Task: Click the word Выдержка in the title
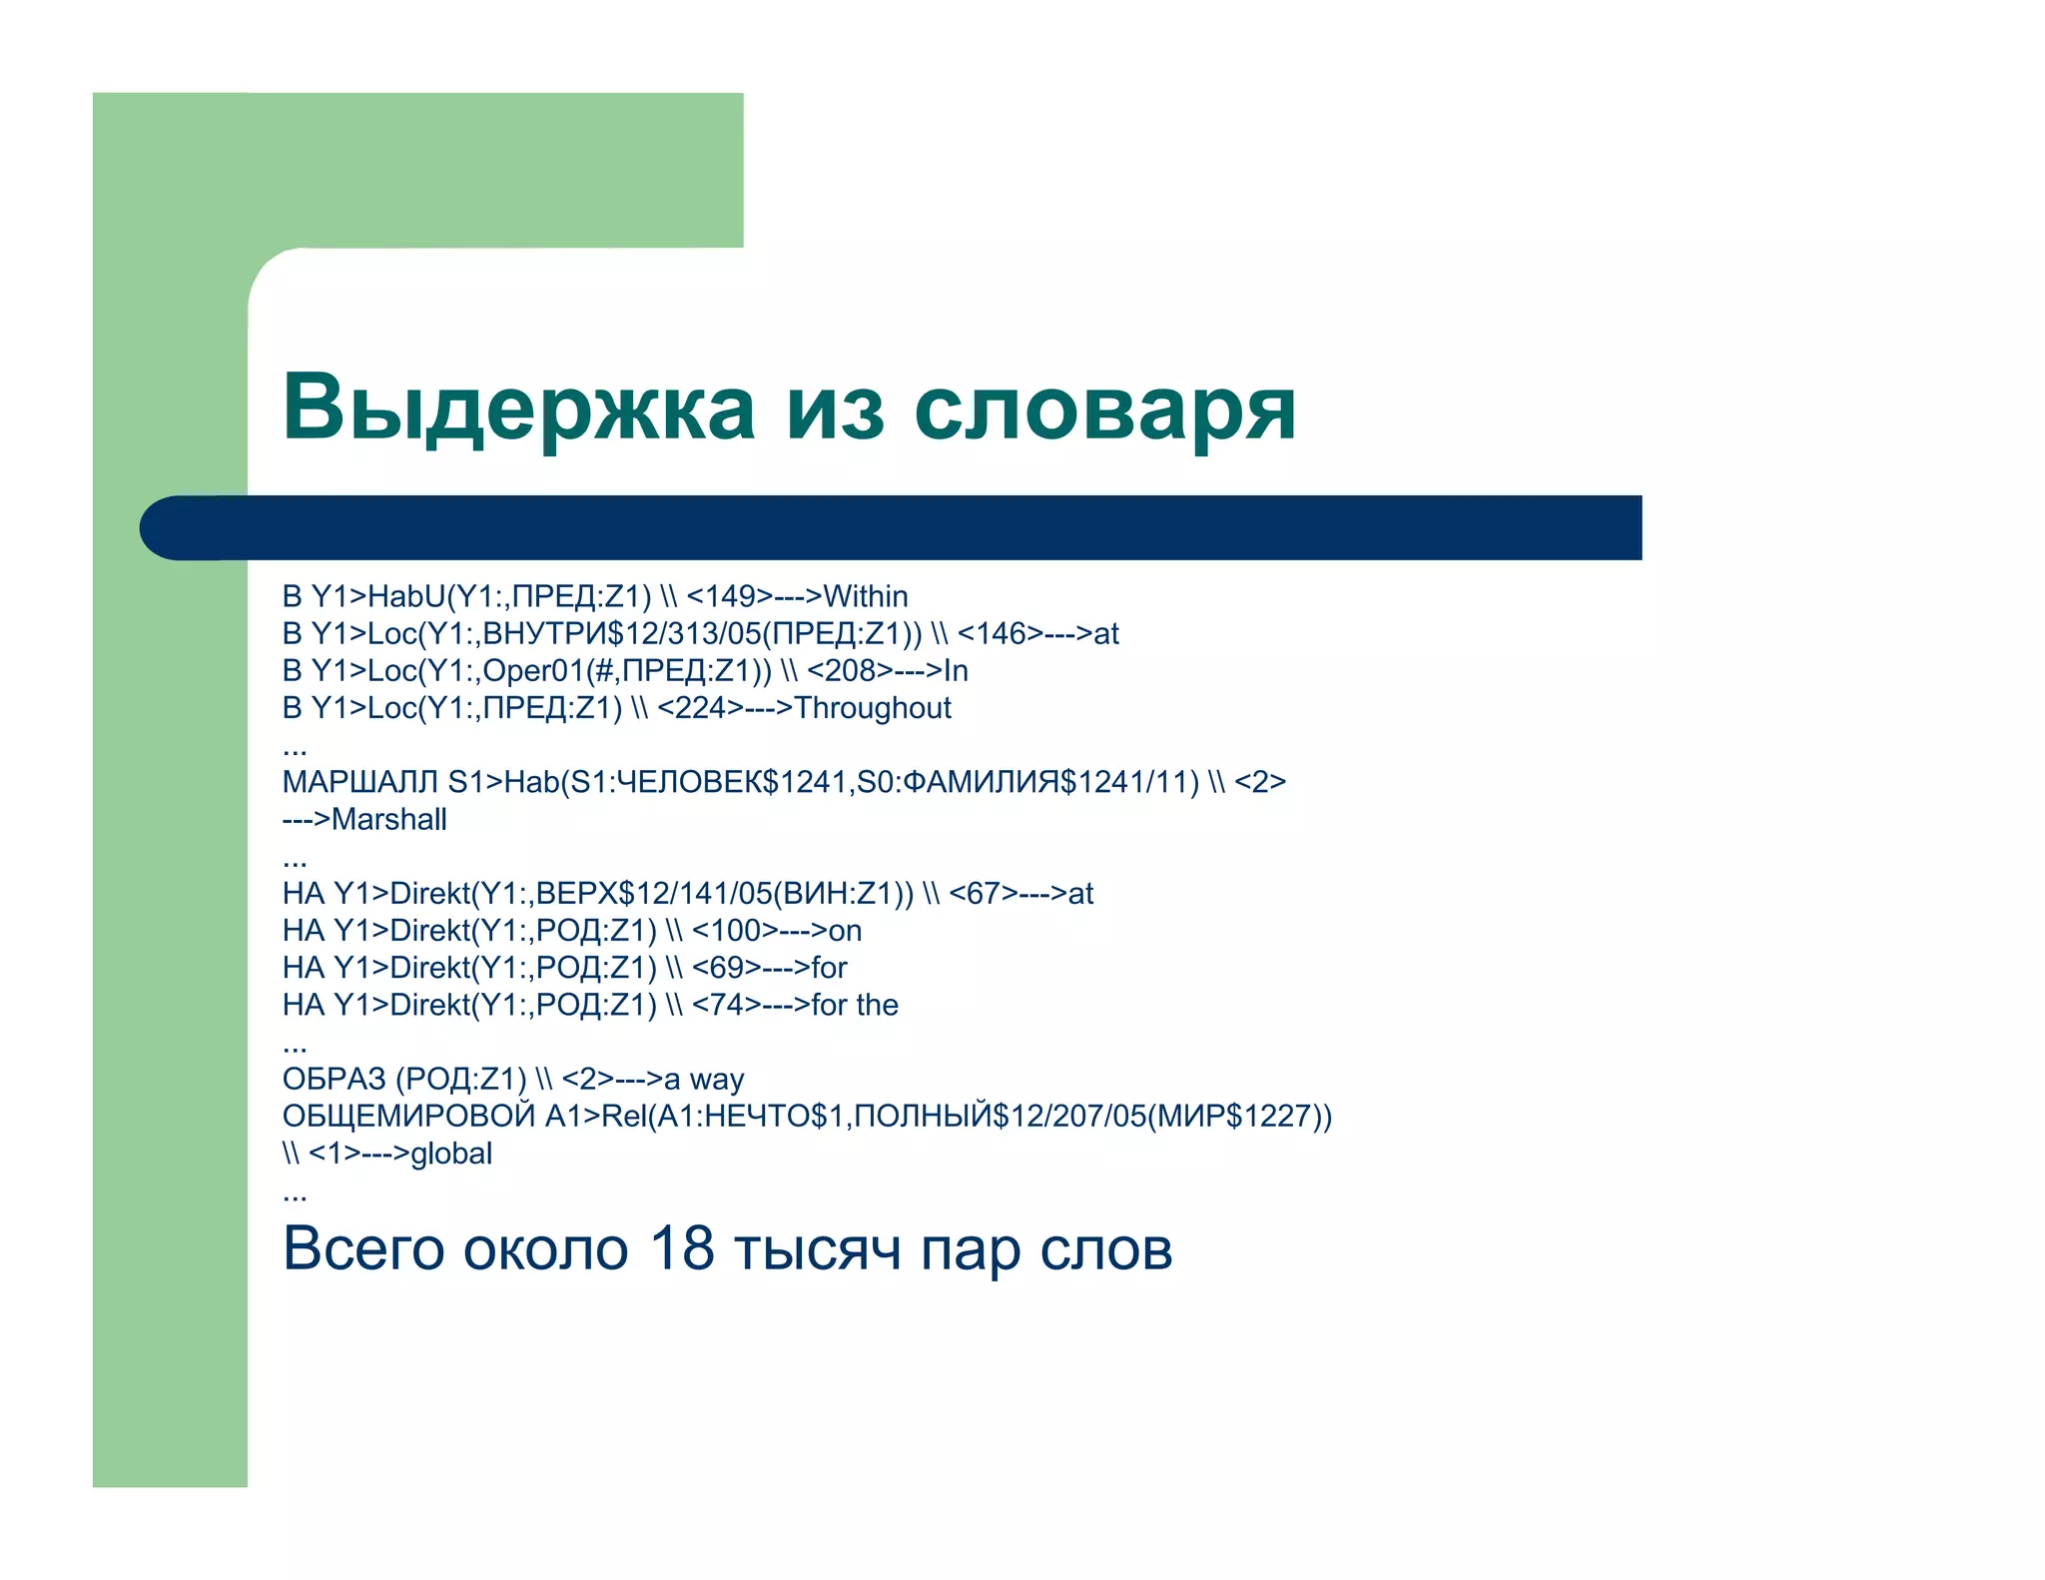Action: coord(518,407)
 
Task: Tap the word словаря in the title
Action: coord(1104,409)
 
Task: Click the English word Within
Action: coord(865,596)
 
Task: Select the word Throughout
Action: coord(872,708)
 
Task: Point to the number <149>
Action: coord(730,596)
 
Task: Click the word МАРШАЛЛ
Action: coord(360,782)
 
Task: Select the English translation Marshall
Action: coord(388,819)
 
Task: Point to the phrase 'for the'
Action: coord(855,1005)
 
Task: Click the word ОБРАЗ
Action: coord(334,1079)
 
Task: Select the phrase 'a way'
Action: coord(704,1079)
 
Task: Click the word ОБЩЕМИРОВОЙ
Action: coord(408,1116)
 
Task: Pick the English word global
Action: coord(451,1154)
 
